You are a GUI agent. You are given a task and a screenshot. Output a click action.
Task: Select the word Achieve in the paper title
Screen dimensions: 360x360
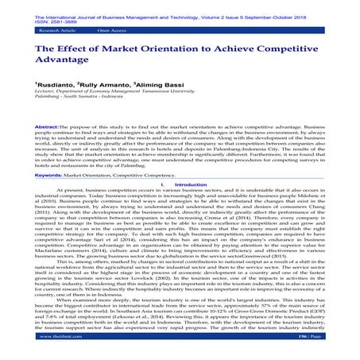click(x=267, y=51)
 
